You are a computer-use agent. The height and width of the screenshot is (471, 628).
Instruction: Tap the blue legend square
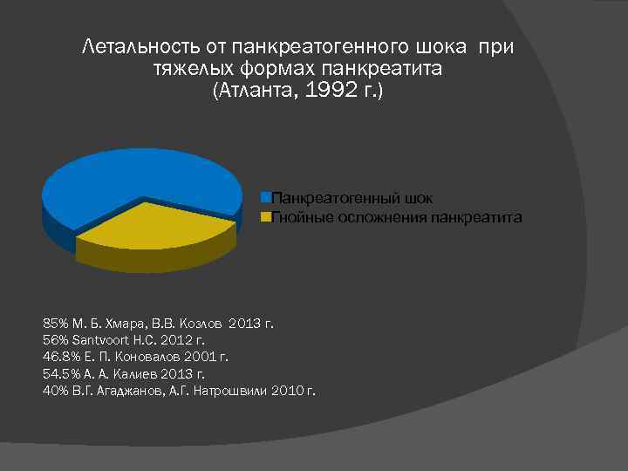267,199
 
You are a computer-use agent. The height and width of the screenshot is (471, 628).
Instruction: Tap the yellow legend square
267,216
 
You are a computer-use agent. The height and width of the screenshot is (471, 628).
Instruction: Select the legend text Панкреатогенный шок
352,199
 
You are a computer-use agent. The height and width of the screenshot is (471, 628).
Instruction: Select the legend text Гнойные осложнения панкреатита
397,216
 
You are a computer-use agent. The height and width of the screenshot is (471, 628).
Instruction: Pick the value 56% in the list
54,340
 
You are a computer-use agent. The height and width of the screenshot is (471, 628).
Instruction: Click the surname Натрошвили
234,390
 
